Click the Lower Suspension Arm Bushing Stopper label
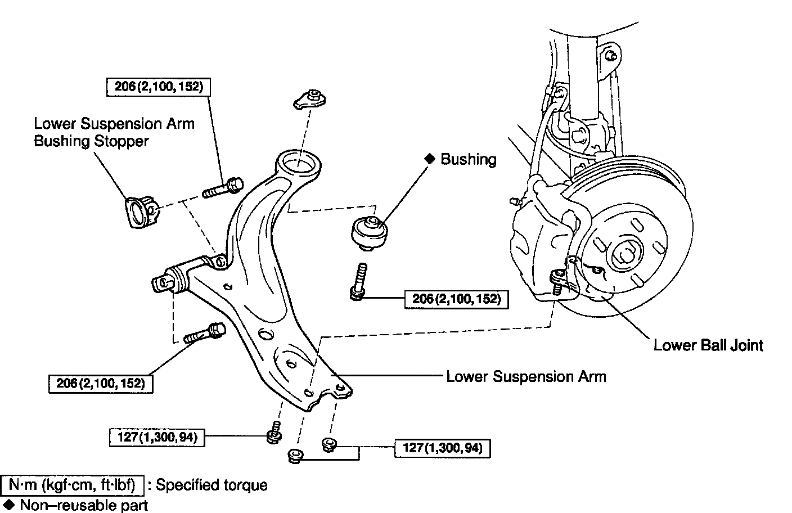click(x=114, y=132)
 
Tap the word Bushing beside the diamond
click(x=468, y=159)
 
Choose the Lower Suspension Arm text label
click(x=526, y=376)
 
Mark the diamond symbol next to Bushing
click(x=430, y=159)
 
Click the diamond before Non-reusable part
click(x=8, y=504)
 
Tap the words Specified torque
click(x=211, y=485)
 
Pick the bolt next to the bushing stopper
click(x=223, y=188)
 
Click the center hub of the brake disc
click(x=625, y=254)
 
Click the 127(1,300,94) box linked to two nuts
click(x=443, y=448)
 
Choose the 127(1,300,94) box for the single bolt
click(x=158, y=437)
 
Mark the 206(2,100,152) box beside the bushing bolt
click(x=456, y=299)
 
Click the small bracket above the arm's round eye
click(x=310, y=98)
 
